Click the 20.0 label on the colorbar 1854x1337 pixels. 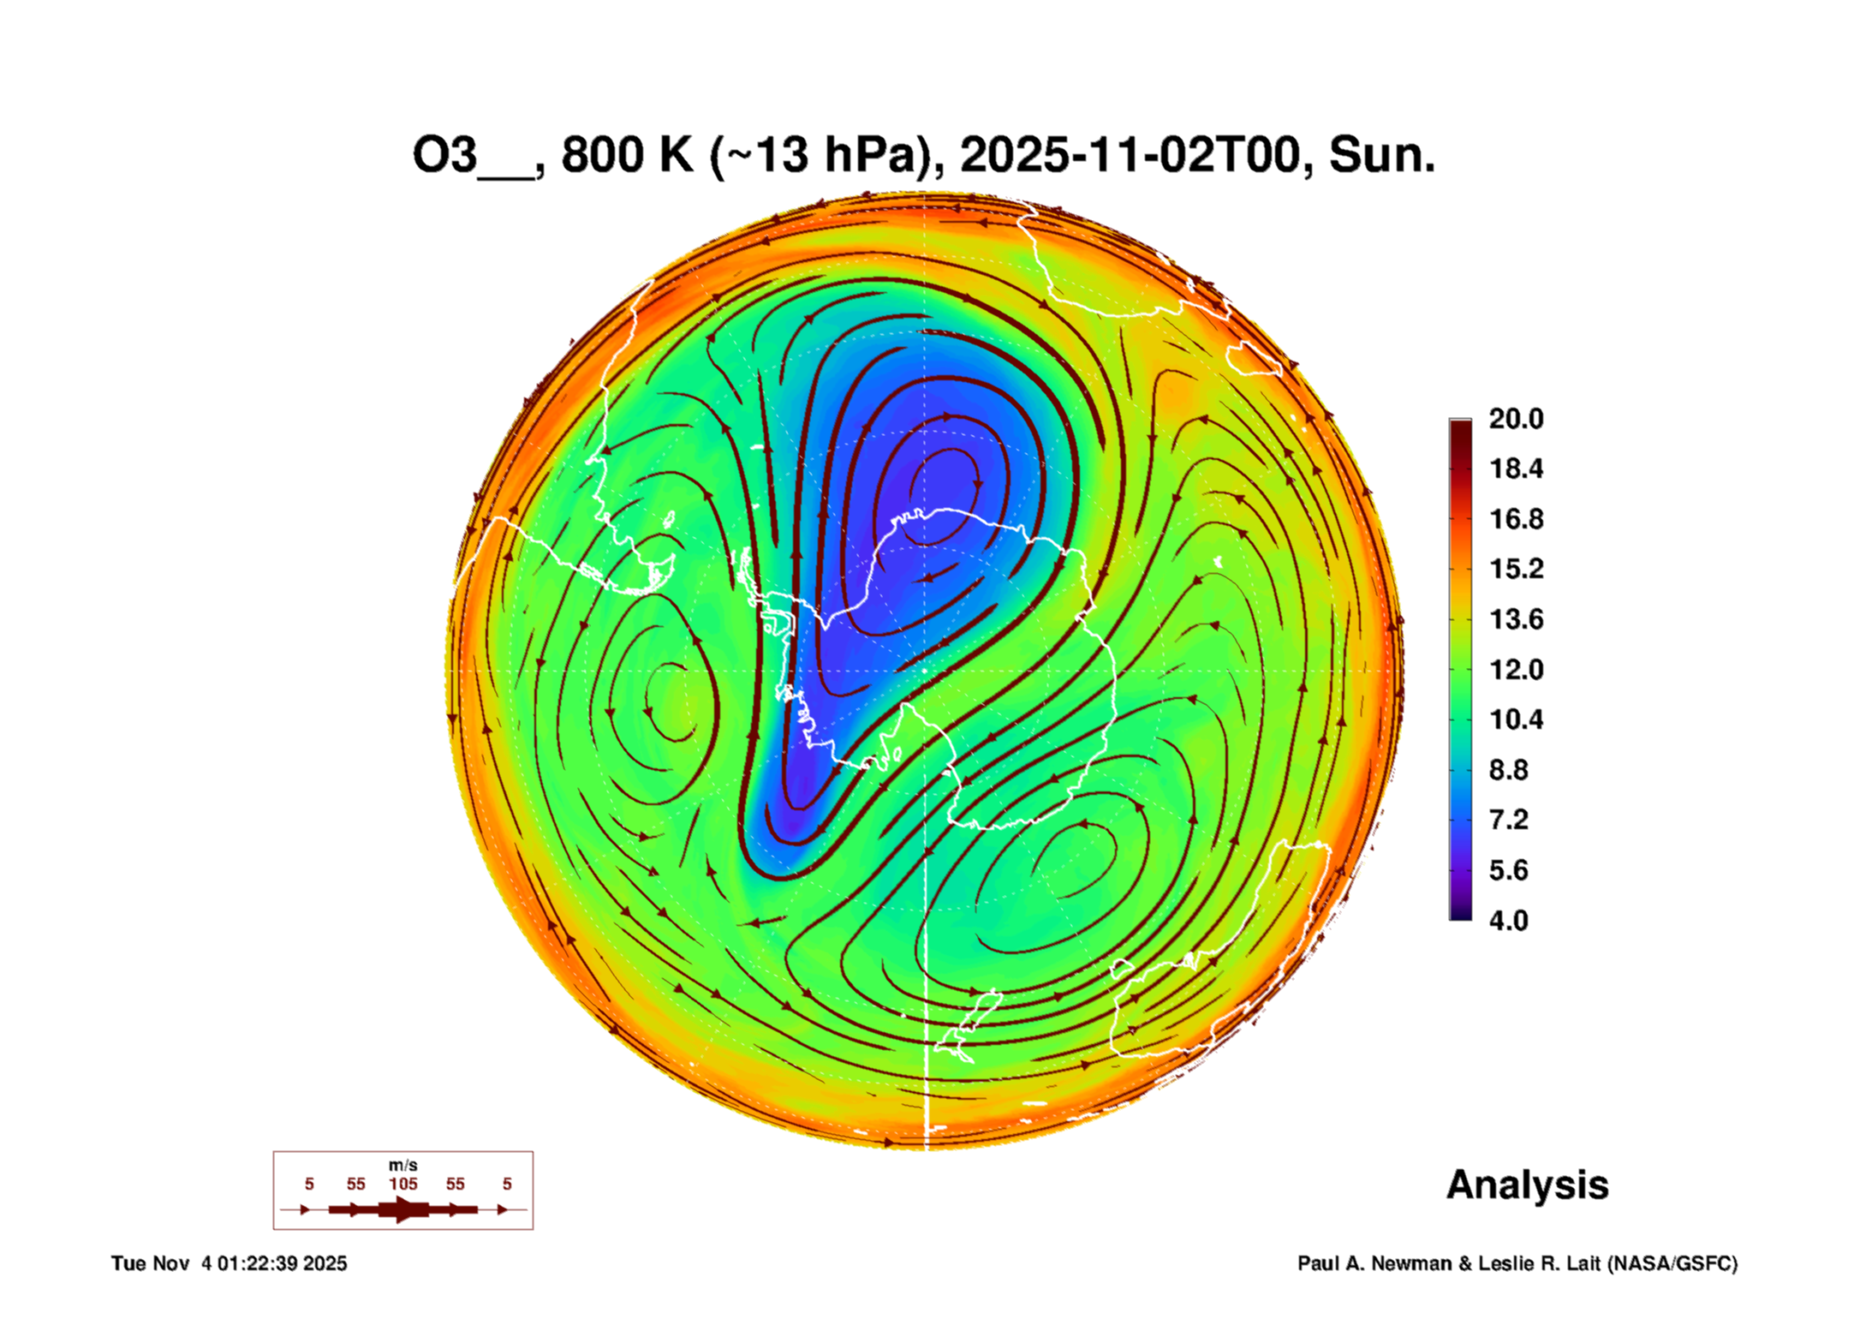pyautogui.click(x=1515, y=419)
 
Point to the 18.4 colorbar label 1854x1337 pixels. pyautogui.click(x=1515, y=469)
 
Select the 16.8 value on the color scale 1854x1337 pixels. pyautogui.click(x=1515, y=519)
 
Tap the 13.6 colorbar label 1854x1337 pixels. pyautogui.click(x=1515, y=619)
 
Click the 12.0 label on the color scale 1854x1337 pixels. pyautogui.click(x=1515, y=669)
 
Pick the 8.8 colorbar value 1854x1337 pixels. pyautogui.click(x=1508, y=770)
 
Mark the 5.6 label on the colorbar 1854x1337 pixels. pyautogui.click(x=1508, y=870)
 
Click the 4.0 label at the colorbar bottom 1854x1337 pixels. pyautogui.click(x=1508, y=921)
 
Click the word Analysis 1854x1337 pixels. pyautogui.click(x=1527, y=1185)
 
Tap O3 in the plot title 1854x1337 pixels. pyautogui.click(x=444, y=155)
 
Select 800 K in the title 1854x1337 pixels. pyautogui.click(x=627, y=155)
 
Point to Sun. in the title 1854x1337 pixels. pyautogui.click(x=1381, y=155)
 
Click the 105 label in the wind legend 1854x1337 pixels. pyautogui.click(x=403, y=1184)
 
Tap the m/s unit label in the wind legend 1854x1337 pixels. pyautogui.click(x=403, y=1166)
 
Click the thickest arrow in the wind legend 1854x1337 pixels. pyautogui.click(x=403, y=1209)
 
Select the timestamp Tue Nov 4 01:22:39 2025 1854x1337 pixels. pyautogui.click(x=229, y=1263)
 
